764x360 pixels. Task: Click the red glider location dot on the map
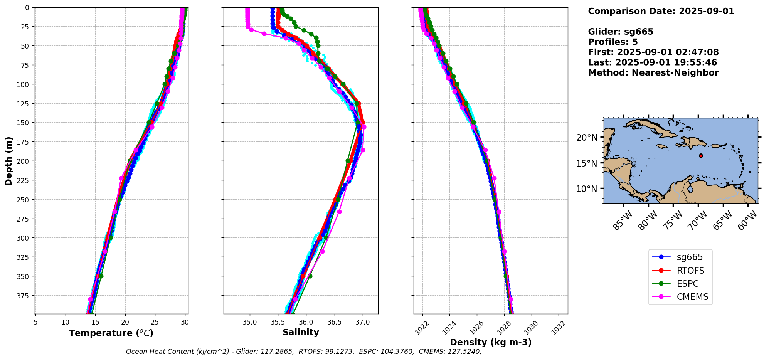(x=701, y=156)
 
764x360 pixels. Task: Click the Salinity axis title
(x=301, y=333)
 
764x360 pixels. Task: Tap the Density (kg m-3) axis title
(x=491, y=342)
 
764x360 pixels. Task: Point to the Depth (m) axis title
(x=8, y=161)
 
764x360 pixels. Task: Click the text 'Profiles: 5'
(x=613, y=42)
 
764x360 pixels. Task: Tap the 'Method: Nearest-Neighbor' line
(x=653, y=73)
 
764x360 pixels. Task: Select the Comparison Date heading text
(x=661, y=11)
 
